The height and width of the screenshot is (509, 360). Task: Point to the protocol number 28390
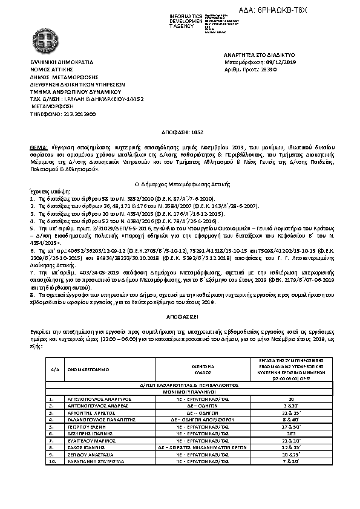point(269,70)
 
